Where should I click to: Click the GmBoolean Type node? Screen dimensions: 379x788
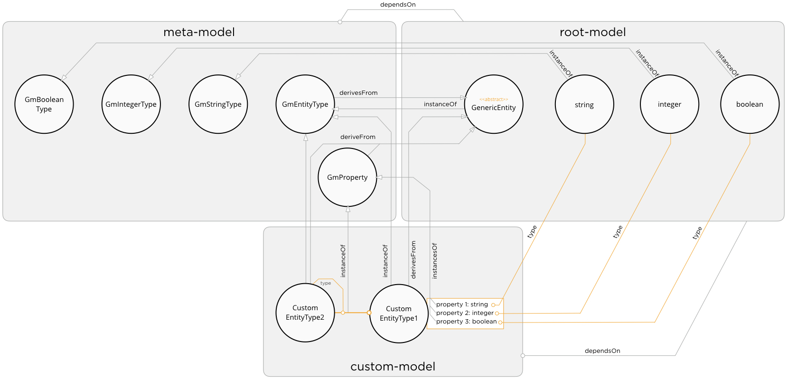point(44,104)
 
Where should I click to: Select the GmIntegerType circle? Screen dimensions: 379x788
point(131,104)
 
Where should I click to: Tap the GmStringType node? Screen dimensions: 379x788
point(218,104)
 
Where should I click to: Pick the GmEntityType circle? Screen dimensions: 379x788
point(305,104)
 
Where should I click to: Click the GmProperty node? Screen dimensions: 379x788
point(347,177)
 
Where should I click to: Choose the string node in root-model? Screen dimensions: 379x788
point(584,104)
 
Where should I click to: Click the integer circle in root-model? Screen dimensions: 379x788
point(669,104)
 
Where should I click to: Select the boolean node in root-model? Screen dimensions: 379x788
point(750,104)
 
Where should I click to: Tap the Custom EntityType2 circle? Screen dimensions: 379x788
point(305,313)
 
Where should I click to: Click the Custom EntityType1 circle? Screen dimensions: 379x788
point(398,314)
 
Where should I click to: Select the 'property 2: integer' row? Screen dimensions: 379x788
point(465,313)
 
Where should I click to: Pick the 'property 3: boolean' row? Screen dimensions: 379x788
point(466,322)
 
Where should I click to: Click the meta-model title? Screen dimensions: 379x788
point(199,32)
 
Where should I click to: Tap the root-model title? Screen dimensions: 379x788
point(592,32)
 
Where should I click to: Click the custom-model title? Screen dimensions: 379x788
point(393,367)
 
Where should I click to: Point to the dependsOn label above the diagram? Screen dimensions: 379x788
point(398,5)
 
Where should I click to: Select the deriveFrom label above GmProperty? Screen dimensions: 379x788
point(357,137)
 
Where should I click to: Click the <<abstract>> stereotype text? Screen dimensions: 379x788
point(493,100)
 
